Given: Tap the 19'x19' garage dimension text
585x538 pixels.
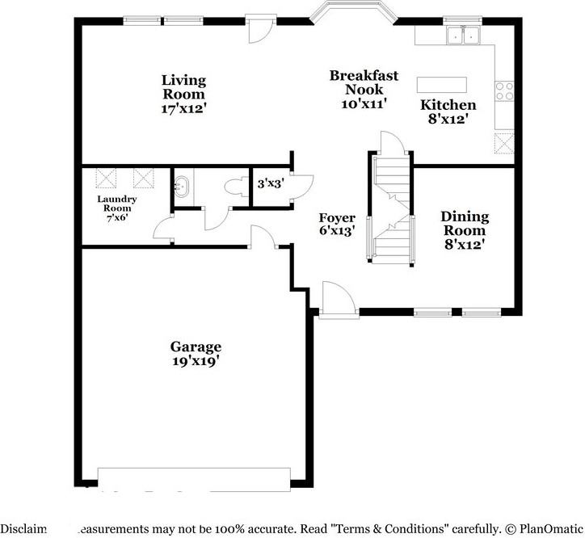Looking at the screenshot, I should [195, 361].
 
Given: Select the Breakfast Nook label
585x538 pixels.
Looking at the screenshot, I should [364, 82].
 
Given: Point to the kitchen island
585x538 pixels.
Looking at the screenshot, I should [441, 85].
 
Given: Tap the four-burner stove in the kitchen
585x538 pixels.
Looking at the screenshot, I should [505, 90].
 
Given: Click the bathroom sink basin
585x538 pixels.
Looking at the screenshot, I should [181, 186].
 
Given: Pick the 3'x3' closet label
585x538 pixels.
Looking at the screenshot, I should [270, 184].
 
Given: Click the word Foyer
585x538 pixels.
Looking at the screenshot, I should [337, 218].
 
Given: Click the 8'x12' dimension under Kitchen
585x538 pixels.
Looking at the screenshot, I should [448, 119].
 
